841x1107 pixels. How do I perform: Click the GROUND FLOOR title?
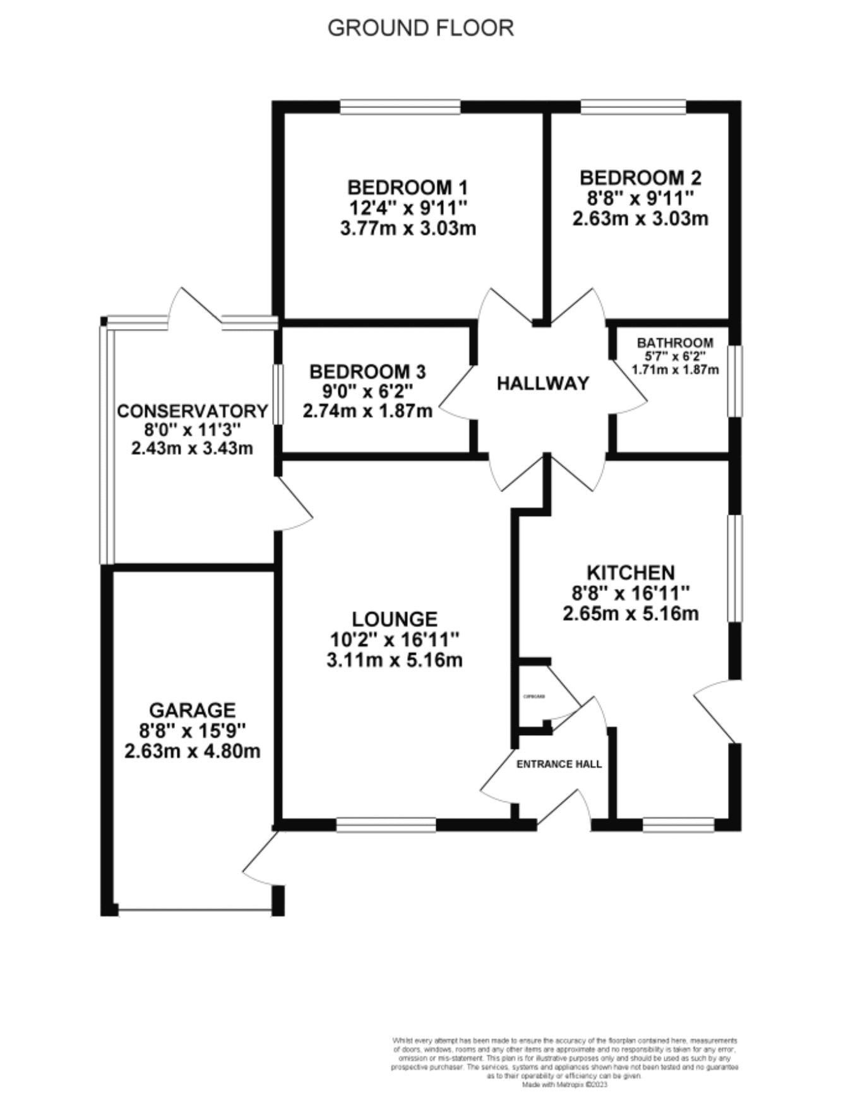420,28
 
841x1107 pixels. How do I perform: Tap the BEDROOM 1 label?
408,188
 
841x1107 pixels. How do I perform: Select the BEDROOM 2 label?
640,177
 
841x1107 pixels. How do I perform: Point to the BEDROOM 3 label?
367,371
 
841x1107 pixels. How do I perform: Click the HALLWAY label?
543,383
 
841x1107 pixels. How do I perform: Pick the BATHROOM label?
675,343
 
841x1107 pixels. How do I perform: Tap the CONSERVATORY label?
193,411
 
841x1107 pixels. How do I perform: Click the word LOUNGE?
395,619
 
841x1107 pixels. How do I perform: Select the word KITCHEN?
631,573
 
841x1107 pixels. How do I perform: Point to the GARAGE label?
193,710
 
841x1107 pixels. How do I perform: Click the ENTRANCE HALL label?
559,764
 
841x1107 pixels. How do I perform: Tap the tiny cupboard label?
534,697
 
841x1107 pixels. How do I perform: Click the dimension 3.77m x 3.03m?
408,228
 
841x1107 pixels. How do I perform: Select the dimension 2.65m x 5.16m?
631,613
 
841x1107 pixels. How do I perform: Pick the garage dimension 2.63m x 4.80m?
193,751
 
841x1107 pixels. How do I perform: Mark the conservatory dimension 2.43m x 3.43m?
193,449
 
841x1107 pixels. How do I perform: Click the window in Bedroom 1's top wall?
400,107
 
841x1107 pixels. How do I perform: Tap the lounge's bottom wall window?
386,825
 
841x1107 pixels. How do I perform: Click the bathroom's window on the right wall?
735,381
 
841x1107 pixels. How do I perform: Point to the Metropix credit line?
564,1085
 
